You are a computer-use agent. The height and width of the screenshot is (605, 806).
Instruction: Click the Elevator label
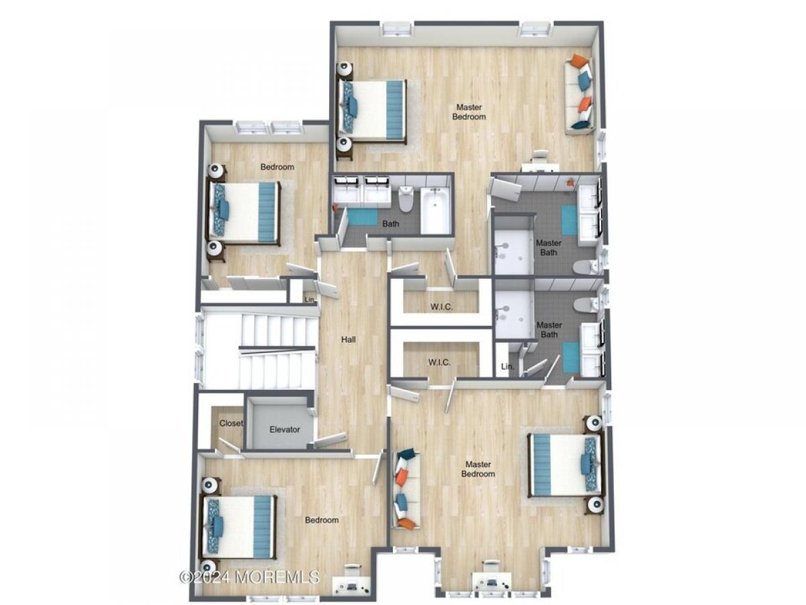pos(284,429)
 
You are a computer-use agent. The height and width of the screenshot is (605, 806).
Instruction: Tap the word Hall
pos(348,339)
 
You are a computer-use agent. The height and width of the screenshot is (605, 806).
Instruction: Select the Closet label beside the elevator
pos(231,424)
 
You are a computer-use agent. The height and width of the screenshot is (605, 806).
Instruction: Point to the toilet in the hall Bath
pos(406,199)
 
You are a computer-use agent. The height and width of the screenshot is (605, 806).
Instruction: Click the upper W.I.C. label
pos(441,307)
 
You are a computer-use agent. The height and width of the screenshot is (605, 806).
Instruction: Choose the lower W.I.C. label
pos(439,362)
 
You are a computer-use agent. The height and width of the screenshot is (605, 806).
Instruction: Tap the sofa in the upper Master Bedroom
pos(579,95)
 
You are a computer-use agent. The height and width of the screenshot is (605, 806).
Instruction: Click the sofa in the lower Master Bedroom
pos(406,489)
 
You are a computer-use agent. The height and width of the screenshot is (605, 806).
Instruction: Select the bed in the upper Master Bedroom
pos(372,110)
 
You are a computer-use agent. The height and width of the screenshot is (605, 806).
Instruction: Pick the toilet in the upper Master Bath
pos(586,267)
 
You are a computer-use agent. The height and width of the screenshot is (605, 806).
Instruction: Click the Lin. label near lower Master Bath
pos(508,366)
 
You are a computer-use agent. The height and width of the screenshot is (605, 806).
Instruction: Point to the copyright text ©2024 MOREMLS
pos(249,577)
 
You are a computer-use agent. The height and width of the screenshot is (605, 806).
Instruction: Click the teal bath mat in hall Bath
pos(363,216)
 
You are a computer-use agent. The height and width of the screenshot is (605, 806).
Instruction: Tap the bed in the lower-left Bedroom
pos(238,526)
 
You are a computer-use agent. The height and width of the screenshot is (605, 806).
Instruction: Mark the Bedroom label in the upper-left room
pos(277,167)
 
